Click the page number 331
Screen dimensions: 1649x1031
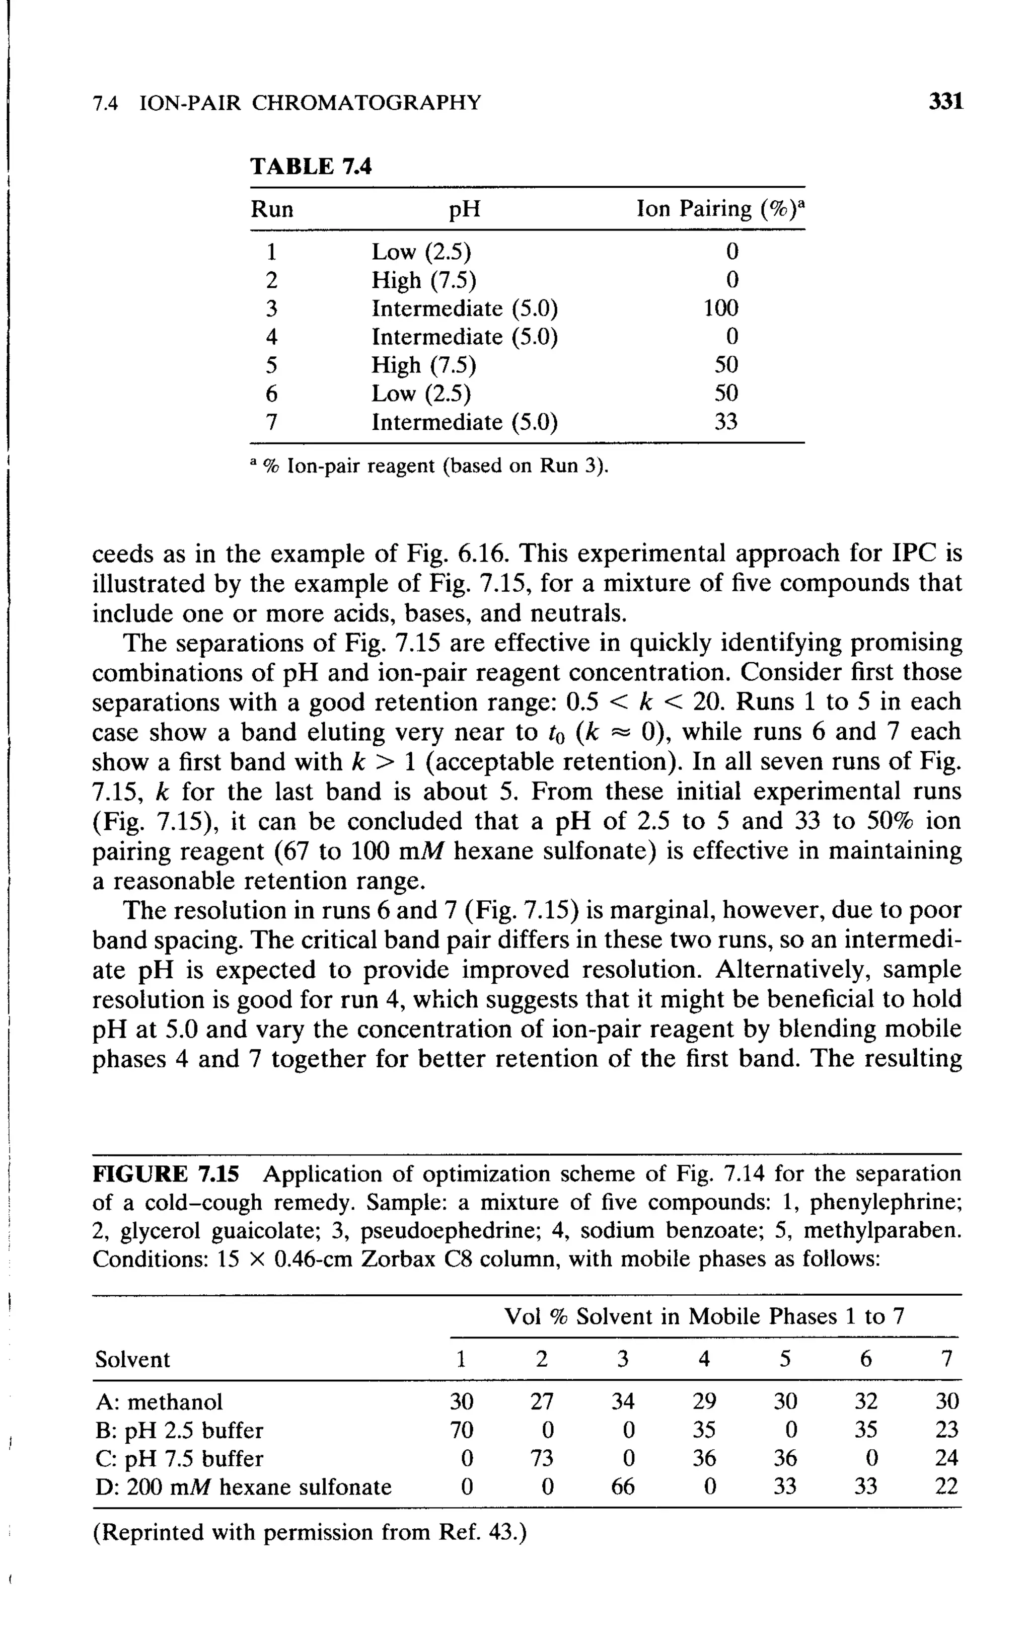(946, 102)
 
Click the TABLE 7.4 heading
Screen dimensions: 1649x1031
(311, 166)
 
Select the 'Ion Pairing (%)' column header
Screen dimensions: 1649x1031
(719, 208)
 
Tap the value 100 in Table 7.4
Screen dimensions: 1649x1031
(721, 308)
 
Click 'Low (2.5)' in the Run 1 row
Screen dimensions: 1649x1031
(421, 252)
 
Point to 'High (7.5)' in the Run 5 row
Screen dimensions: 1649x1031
(423, 365)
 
